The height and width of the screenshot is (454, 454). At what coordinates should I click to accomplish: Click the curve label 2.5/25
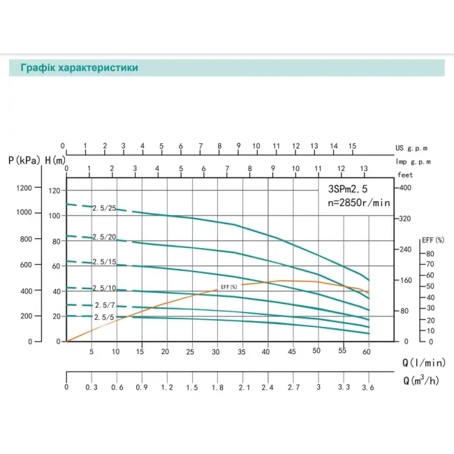click(104, 208)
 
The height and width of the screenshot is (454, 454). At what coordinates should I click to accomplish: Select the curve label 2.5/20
click(104, 237)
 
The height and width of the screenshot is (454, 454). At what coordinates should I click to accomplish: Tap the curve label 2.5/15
click(104, 262)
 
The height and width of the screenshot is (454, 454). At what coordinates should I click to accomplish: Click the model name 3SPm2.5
click(356, 189)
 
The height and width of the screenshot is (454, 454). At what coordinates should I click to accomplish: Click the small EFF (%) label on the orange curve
click(229, 287)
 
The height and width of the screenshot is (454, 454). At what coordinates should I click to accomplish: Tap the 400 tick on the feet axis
click(405, 189)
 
